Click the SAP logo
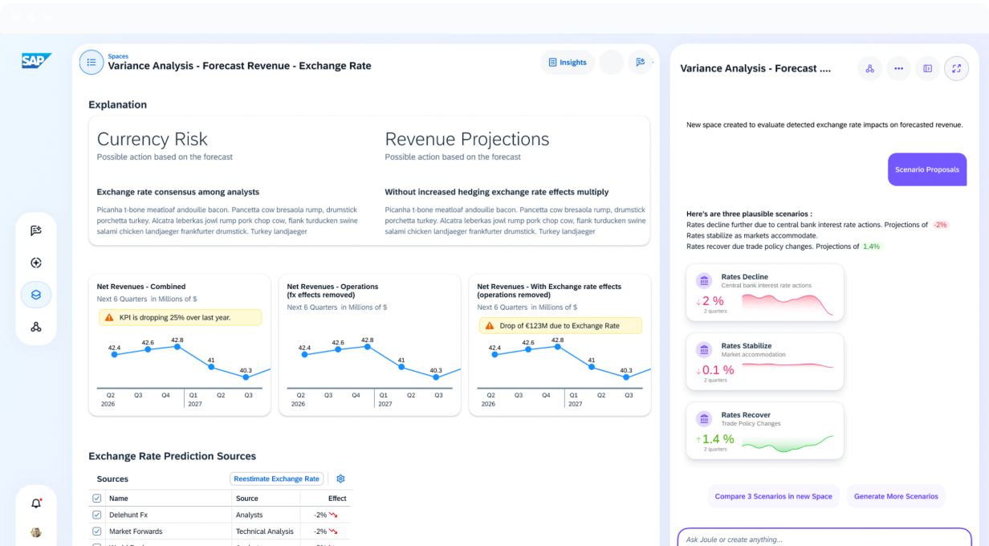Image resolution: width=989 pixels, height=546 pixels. [x=36, y=60]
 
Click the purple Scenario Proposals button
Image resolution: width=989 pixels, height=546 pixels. [x=926, y=169]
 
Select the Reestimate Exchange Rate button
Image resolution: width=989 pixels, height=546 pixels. [x=276, y=479]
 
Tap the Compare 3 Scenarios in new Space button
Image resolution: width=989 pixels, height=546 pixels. [x=773, y=496]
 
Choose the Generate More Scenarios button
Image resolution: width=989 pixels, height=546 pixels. [x=896, y=496]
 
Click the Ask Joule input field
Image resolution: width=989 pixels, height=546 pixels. [x=824, y=539]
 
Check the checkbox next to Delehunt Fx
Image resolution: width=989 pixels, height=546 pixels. [x=96, y=515]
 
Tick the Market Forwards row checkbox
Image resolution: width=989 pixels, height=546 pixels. [x=96, y=531]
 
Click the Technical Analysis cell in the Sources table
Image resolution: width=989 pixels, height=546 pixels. [x=264, y=531]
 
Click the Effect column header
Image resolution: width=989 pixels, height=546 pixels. [x=337, y=499]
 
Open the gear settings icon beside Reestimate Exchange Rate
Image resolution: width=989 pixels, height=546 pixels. [x=340, y=479]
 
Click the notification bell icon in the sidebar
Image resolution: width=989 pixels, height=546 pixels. [x=36, y=503]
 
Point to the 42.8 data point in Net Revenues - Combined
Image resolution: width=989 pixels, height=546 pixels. [x=177, y=347]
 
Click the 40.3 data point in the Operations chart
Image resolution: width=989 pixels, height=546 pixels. [x=436, y=377]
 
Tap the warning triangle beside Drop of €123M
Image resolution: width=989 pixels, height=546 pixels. [x=489, y=325]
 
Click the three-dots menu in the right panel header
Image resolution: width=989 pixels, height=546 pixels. [x=898, y=68]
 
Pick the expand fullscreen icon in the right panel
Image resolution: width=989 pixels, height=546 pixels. [x=956, y=68]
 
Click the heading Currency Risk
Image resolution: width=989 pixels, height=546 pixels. [x=152, y=139]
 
